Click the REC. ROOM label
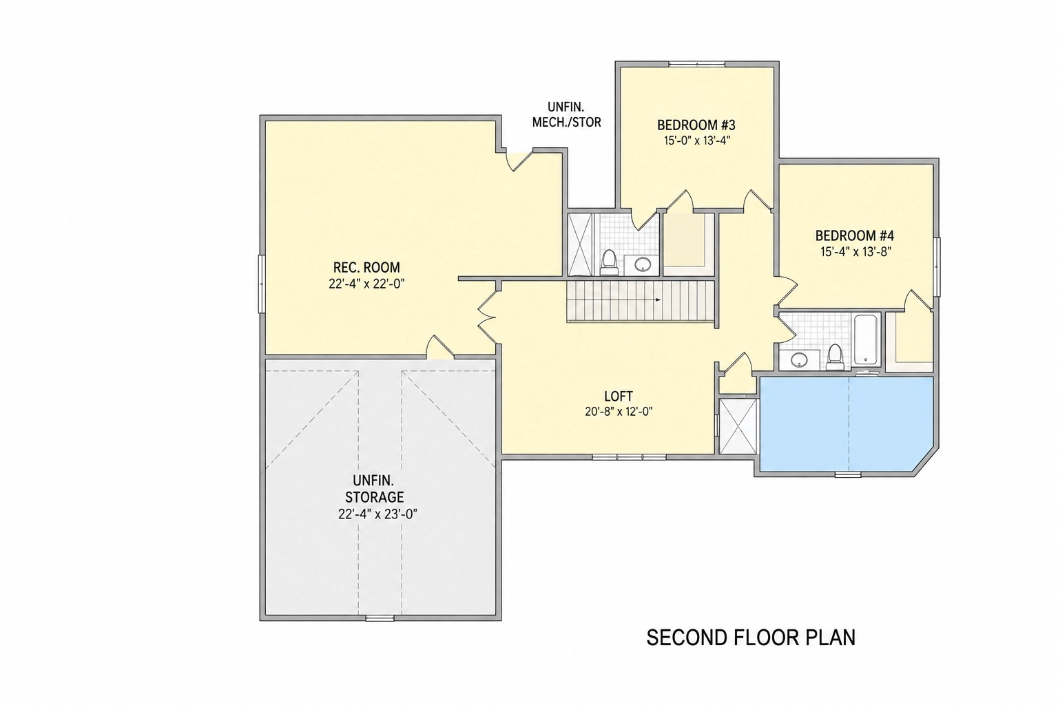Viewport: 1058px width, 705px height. click(366, 267)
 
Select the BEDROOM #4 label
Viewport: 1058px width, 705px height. click(854, 235)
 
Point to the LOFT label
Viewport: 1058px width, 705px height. click(619, 396)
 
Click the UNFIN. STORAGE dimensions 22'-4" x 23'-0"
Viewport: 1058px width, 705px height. click(377, 514)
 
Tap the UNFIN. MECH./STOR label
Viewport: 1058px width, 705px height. click(566, 114)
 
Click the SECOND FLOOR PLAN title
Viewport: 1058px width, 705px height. click(751, 638)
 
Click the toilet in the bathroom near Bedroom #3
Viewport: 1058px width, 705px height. click(609, 263)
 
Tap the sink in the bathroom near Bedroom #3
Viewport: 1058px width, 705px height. click(643, 264)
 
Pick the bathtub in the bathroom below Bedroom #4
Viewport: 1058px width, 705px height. click(866, 339)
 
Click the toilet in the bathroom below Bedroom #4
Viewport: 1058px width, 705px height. click(835, 357)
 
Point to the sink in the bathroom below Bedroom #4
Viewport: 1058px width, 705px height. click(799, 360)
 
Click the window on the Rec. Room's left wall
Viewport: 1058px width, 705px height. click(261, 284)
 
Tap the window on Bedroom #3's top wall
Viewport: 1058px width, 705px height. click(696, 64)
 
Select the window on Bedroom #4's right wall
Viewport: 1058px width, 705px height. click(937, 267)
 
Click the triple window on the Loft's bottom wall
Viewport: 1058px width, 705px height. click(629, 457)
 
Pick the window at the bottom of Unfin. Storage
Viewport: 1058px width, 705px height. click(380, 618)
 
